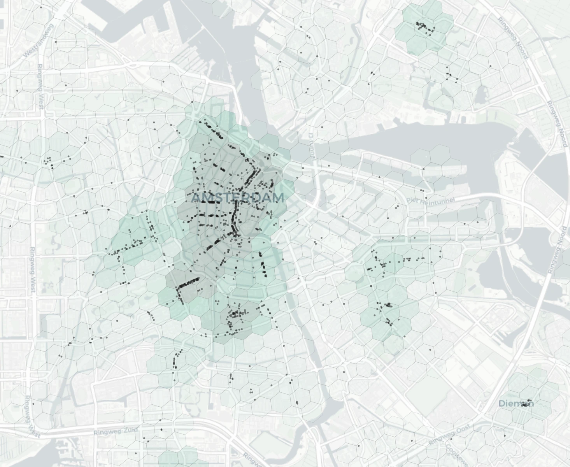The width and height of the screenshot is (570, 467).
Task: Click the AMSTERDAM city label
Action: point(238,198)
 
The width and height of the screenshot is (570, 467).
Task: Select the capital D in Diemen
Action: point(502,404)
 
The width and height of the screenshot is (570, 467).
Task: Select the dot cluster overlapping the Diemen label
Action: point(528,403)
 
